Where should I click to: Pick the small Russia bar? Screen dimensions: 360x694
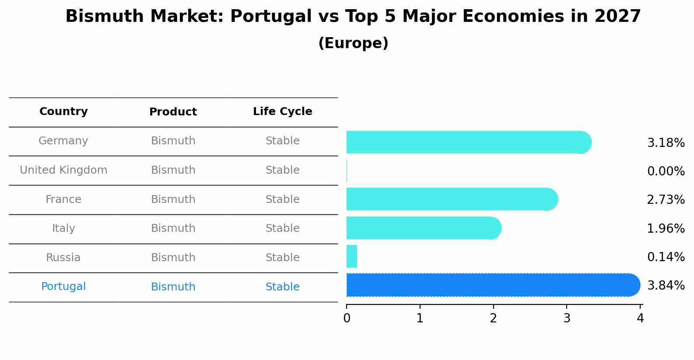pyautogui.click(x=352, y=256)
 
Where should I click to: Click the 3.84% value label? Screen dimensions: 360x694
pyautogui.click(x=666, y=286)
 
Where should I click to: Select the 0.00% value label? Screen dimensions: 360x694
pyautogui.click(x=666, y=171)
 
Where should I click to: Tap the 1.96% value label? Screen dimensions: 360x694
pyautogui.click(x=666, y=228)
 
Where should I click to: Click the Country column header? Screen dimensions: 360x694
pyautogui.click(x=63, y=112)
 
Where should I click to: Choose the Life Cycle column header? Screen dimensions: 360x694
pyautogui.click(x=282, y=112)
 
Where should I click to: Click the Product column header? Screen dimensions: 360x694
pyautogui.click(x=173, y=112)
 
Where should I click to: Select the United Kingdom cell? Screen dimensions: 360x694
pyautogui.click(x=63, y=170)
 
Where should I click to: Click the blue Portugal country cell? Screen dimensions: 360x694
pyautogui.click(x=63, y=287)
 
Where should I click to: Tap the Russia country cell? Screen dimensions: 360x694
pyautogui.click(x=63, y=258)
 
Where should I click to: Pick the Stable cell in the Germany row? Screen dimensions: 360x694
pyautogui.click(x=282, y=141)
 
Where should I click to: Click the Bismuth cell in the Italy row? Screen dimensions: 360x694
pyautogui.click(x=173, y=228)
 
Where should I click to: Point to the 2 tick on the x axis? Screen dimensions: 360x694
pyautogui.click(x=493, y=318)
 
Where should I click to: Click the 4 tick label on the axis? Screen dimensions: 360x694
pyautogui.click(x=640, y=318)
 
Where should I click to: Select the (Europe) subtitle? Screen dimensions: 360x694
pyautogui.click(x=353, y=43)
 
